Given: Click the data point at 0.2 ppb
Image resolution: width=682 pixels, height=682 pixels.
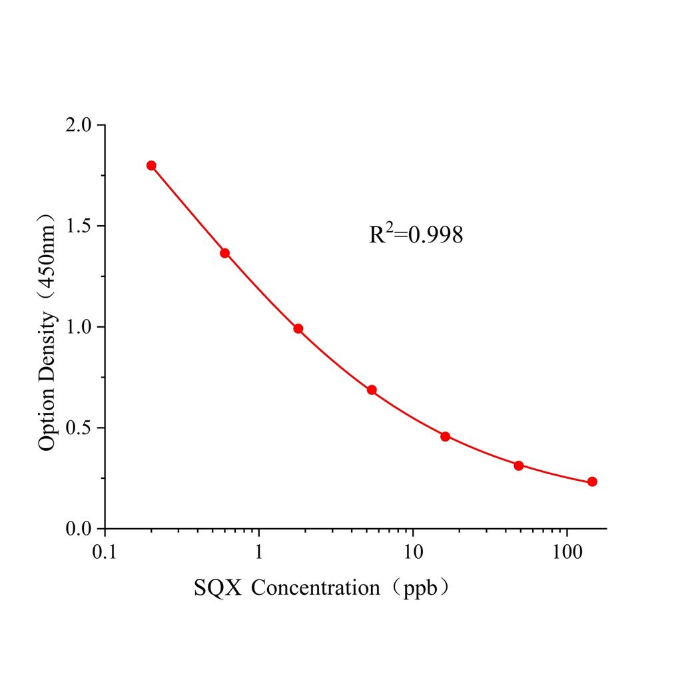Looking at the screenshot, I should pyautogui.click(x=151, y=165).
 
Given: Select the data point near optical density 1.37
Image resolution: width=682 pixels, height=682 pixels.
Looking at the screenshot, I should pyautogui.click(x=225, y=253).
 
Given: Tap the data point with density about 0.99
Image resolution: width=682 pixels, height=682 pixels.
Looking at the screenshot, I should pyautogui.click(x=298, y=328).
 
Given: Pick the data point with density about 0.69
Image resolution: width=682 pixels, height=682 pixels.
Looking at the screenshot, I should pyautogui.click(x=372, y=390).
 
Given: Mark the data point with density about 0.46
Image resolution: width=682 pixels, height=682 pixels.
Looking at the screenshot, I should pyautogui.click(x=446, y=436).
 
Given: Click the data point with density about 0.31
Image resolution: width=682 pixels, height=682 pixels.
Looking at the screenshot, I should pyautogui.click(x=519, y=466).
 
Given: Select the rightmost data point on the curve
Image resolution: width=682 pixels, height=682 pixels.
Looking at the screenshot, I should pyautogui.click(x=592, y=482).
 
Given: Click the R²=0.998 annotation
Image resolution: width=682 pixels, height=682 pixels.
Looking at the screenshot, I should pyautogui.click(x=416, y=234).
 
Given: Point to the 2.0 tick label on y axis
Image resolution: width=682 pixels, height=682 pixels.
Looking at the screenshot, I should pyautogui.click(x=81, y=125).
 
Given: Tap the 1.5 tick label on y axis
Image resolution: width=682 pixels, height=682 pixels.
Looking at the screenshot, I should pyautogui.click(x=81, y=226).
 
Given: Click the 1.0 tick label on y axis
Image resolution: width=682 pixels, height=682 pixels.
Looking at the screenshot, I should pyautogui.click(x=81, y=327).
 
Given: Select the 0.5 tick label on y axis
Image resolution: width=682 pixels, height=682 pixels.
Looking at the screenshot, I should pyautogui.click(x=81, y=428).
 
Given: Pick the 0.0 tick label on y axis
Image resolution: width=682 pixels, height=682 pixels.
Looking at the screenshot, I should pyautogui.click(x=81, y=529).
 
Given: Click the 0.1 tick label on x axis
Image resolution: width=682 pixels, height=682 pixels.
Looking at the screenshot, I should pyautogui.click(x=105, y=553).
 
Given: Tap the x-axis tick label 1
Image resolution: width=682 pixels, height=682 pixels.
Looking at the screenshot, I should pyautogui.click(x=259, y=553).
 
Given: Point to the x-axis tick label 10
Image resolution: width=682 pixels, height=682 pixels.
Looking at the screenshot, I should pyautogui.click(x=413, y=553).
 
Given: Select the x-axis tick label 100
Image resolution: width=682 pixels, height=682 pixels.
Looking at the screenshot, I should pyautogui.click(x=567, y=553).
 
